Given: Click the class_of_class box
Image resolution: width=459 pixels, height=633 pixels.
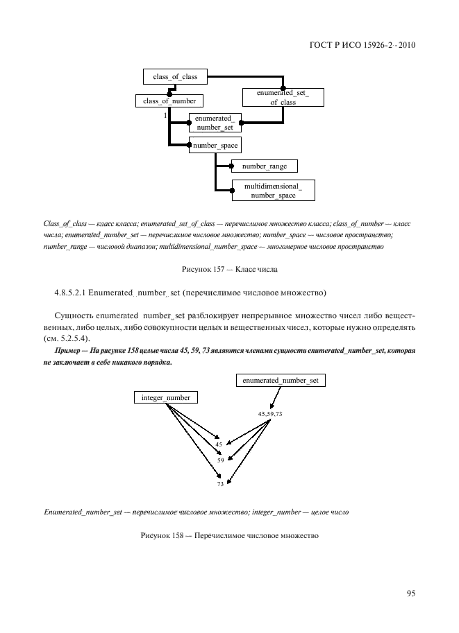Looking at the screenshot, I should (175, 77).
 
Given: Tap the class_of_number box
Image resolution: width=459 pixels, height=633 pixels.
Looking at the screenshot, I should (169, 101).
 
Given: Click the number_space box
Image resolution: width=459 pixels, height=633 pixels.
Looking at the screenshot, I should (215, 146).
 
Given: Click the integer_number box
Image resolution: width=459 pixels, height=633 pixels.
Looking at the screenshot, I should (165, 397).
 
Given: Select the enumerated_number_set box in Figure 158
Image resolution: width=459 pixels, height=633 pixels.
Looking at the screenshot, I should (281, 380).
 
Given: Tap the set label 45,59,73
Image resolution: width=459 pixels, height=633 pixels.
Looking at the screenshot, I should (270, 414).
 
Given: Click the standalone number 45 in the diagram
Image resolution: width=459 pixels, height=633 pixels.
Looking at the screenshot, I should (219, 444).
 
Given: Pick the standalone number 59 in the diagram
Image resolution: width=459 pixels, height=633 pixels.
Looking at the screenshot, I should (220, 460).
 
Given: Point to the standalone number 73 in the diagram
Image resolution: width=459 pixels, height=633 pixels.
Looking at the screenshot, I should (220, 484).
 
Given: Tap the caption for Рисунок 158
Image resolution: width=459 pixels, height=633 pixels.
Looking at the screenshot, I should (229, 535).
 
